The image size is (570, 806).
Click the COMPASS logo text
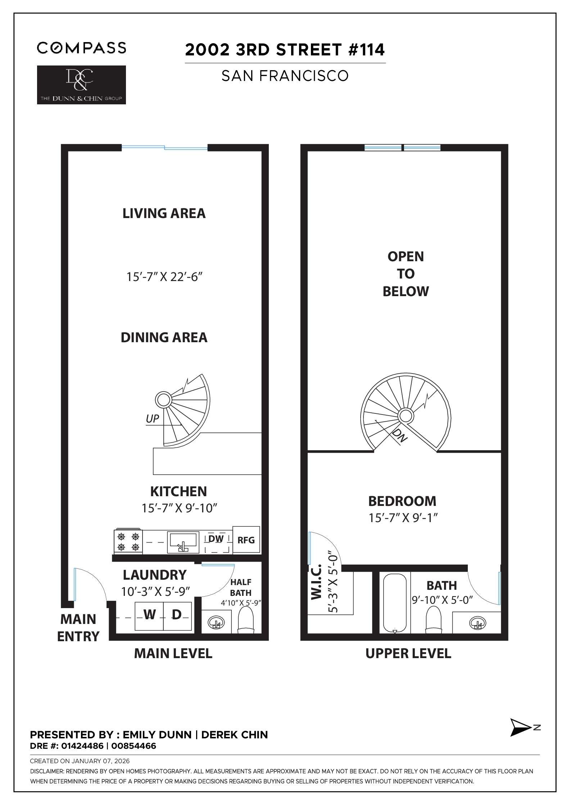(82, 48)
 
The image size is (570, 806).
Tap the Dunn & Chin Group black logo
(82, 85)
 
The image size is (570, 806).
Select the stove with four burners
(128, 542)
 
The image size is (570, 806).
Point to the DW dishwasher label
(216, 539)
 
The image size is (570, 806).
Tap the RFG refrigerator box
(246, 540)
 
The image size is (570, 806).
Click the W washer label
(149, 615)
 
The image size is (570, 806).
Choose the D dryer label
(176, 615)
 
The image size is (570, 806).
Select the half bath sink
(216, 622)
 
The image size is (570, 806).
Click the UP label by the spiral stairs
(153, 418)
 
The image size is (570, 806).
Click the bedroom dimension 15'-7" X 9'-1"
(403, 518)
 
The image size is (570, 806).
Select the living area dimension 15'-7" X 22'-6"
(164, 277)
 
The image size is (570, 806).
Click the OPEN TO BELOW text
(406, 274)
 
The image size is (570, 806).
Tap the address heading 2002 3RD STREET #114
(285, 50)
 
